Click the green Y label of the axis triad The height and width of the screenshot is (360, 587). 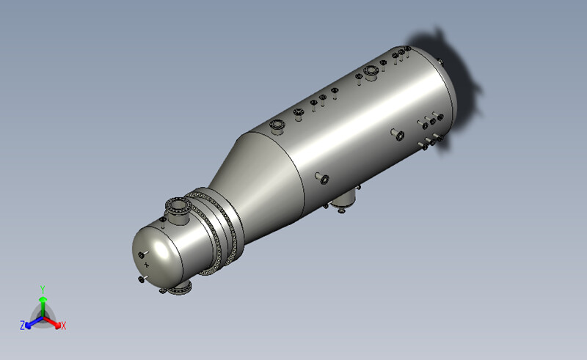click(43, 289)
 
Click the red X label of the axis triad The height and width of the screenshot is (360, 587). click(64, 325)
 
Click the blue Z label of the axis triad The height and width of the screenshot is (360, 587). click(23, 324)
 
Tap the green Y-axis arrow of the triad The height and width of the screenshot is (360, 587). click(43, 304)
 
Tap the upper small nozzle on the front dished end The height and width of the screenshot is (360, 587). click(142, 255)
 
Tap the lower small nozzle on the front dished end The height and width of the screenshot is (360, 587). click(141, 279)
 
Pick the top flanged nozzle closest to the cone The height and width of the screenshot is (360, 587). click(277, 125)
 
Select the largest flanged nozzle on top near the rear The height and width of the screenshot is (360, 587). click(371, 72)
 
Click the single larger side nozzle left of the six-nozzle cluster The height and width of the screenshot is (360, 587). click(398, 135)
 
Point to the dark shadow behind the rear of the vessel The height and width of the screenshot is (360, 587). click(455, 88)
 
